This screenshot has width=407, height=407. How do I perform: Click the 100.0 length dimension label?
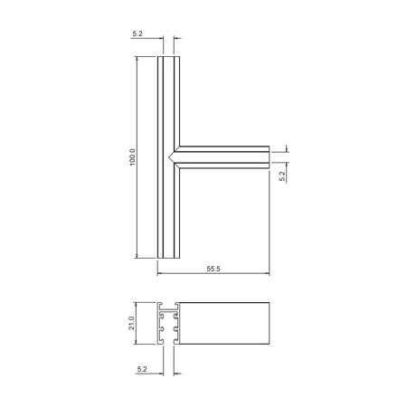pyautogui.click(x=133, y=157)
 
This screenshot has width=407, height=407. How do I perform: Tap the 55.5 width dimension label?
pyautogui.click(x=213, y=269)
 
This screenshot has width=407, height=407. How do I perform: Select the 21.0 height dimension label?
pyautogui.click(x=131, y=323)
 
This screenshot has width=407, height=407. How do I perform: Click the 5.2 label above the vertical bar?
pyautogui.click(x=137, y=33)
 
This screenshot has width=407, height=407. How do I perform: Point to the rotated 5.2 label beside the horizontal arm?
pyautogui.click(x=282, y=176)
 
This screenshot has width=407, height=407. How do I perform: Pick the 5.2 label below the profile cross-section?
pyautogui.click(x=142, y=369)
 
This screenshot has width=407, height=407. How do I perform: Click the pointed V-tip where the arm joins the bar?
pyautogui.click(x=169, y=157)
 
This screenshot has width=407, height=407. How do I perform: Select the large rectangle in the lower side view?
pyautogui.click(x=224, y=323)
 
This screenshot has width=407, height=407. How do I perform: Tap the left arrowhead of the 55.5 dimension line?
pyautogui.click(x=160, y=273)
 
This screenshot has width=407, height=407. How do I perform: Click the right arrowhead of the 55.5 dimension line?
pyautogui.click(x=267, y=273)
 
